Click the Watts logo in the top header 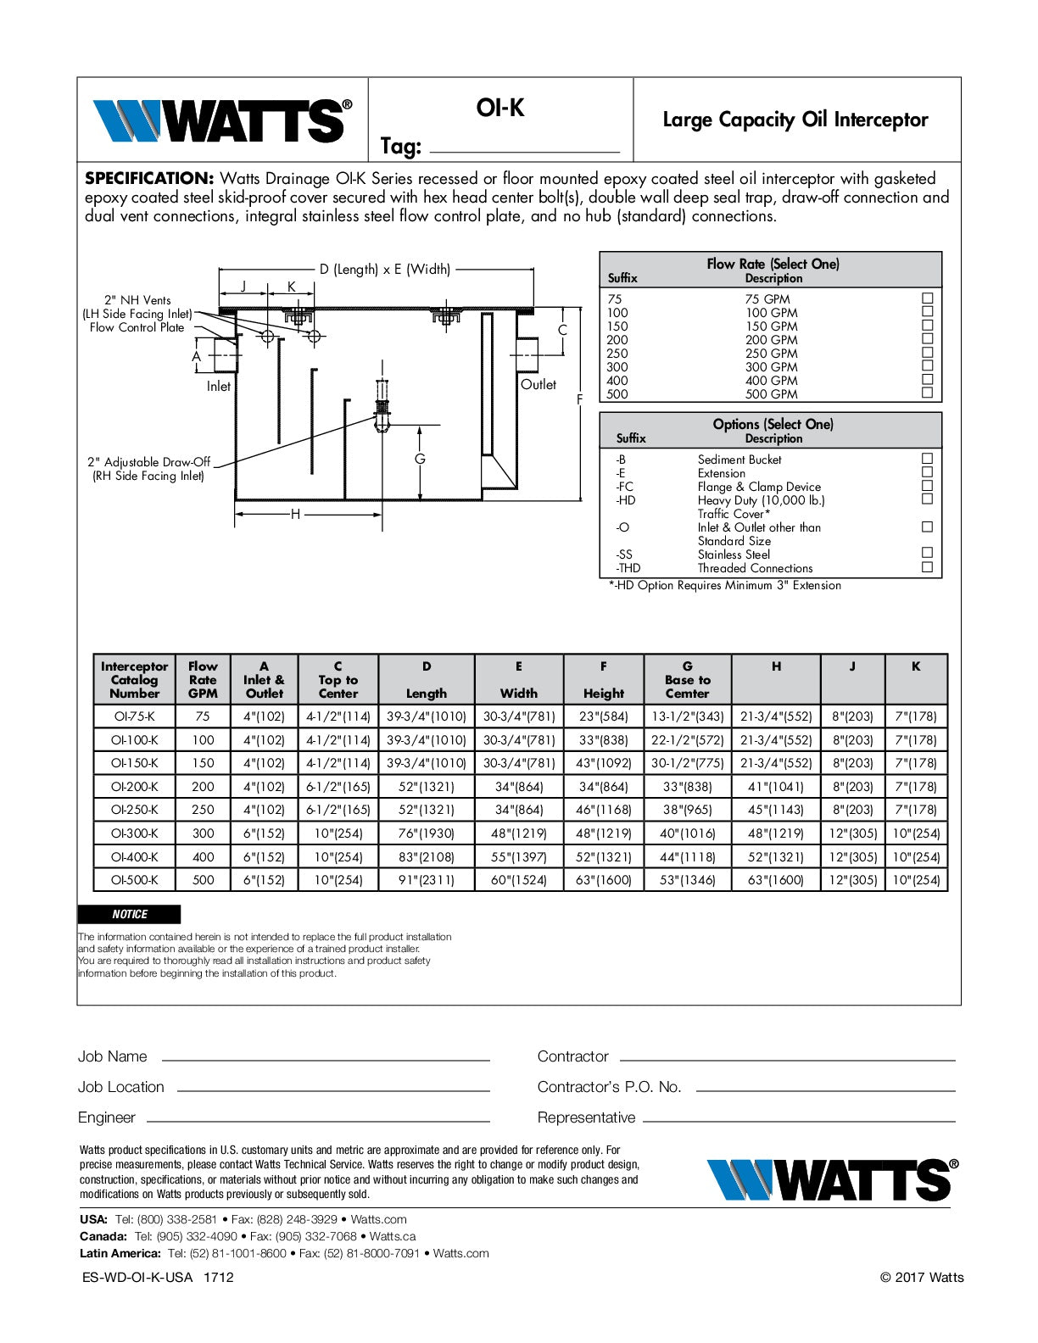point(222,120)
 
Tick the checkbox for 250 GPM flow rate point(928,353)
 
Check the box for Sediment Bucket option point(928,459)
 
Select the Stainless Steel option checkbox point(928,554)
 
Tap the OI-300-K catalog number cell point(134,833)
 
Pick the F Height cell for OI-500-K point(603,880)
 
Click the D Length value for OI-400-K point(426,857)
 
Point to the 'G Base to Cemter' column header point(687,679)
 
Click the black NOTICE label point(129,914)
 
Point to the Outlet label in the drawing point(539,384)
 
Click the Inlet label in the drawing point(219,386)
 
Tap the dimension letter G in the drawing point(420,459)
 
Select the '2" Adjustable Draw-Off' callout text point(148,462)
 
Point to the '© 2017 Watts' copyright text point(921,1277)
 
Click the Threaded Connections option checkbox point(928,567)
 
